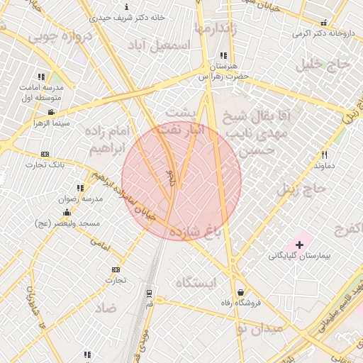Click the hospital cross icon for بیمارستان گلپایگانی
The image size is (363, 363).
point(299,245)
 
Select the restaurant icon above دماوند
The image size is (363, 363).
point(325,155)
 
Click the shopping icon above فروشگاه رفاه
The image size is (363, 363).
point(241,292)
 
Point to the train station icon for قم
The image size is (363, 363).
point(149,292)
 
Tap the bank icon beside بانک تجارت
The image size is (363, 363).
point(45,154)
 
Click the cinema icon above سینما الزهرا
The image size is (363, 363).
point(51,112)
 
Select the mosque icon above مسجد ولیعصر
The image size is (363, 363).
point(67,212)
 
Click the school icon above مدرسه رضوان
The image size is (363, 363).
point(80,188)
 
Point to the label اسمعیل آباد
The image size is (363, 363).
point(160,45)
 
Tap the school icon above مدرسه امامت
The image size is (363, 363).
point(41,76)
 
